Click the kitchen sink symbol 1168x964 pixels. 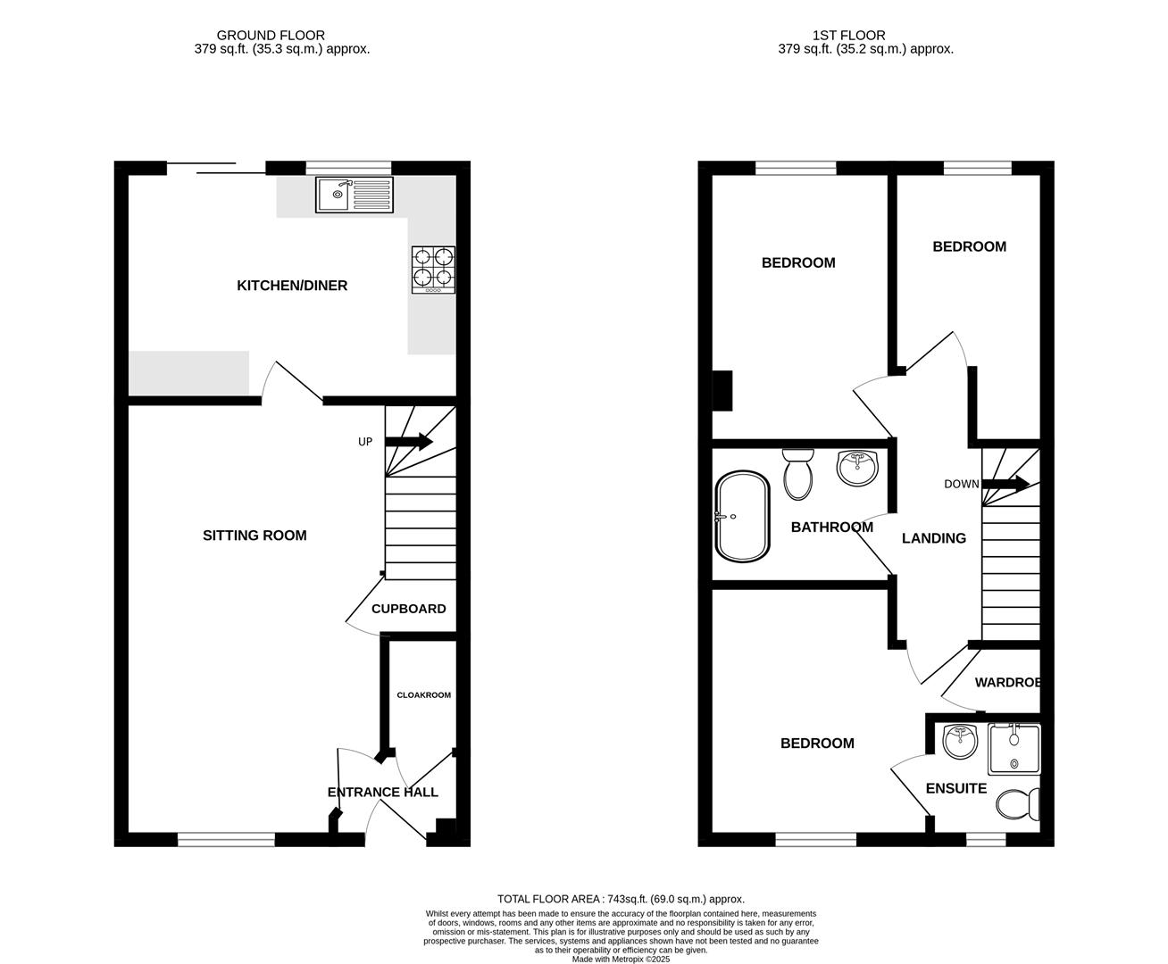point(354,195)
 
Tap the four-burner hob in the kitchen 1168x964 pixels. point(433,270)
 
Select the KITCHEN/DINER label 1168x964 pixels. point(292,286)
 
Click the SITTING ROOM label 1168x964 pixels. point(254,536)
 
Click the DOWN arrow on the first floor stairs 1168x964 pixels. point(1005,484)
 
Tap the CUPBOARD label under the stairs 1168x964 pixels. point(408,609)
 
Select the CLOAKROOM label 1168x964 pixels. point(424,694)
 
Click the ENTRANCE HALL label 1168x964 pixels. point(382,792)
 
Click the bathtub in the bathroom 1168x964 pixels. point(742,516)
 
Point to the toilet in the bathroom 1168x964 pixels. point(797,473)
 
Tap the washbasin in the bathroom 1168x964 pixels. point(858,468)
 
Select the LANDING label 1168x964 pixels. point(933,538)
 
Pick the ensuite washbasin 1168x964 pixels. point(961,741)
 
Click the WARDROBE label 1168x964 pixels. point(1007,683)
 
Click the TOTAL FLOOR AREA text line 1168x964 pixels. point(620,899)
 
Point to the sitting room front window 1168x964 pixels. point(226,839)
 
